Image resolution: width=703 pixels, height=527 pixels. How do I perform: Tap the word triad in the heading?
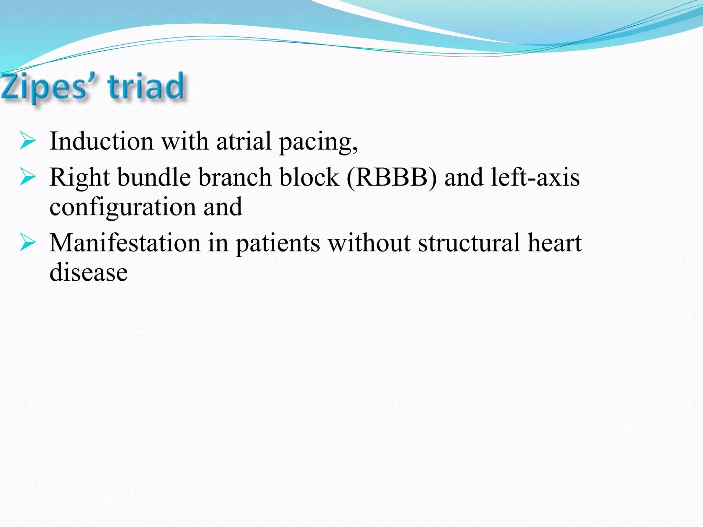pyautogui.click(x=146, y=86)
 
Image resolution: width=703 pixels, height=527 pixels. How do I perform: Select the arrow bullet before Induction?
pyautogui.click(x=27, y=141)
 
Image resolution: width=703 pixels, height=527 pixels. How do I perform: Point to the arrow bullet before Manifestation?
pyautogui.click(x=27, y=242)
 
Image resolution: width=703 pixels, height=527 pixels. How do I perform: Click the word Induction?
pyautogui.click(x=102, y=141)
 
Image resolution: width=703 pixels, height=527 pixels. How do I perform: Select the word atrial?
pyautogui.click(x=243, y=141)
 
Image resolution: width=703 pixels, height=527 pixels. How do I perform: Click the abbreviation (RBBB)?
pyautogui.click(x=392, y=177)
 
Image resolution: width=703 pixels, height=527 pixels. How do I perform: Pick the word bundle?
pyautogui.click(x=154, y=177)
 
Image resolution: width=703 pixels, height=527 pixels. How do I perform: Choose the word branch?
pyautogui.click(x=235, y=177)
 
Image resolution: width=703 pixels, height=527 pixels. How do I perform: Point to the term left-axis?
pyautogui.click(x=535, y=177)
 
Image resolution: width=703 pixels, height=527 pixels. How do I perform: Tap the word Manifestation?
pyautogui.click(x=125, y=243)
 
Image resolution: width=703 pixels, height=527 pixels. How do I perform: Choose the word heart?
pyautogui.click(x=554, y=243)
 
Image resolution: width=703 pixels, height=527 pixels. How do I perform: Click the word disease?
pyautogui.click(x=89, y=272)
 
